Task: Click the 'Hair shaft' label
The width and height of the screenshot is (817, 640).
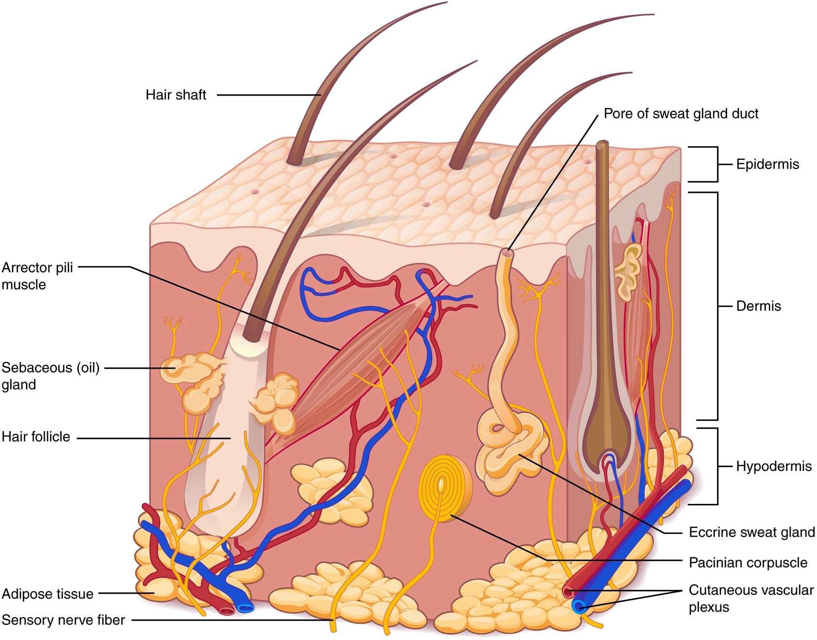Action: tap(176, 95)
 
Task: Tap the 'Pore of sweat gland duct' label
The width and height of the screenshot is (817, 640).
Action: tap(680, 114)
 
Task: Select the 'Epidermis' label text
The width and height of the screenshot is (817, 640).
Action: tap(767, 164)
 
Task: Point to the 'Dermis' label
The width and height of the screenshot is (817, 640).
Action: tap(758, 306)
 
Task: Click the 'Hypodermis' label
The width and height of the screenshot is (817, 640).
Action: tap(773, 467)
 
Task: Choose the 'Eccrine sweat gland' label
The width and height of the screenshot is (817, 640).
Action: tap(751, 532)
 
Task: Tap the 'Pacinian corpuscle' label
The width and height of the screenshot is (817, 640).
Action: tap(747, 563)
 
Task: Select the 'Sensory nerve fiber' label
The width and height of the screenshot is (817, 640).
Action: tap(63, 620)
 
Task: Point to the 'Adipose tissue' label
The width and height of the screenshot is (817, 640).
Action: tap(48, 594)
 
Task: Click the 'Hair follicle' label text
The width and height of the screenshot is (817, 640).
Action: tap(36, 436)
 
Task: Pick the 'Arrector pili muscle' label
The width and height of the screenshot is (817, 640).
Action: tap(37, 276)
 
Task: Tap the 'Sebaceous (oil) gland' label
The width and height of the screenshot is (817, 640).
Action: tap(50, 376)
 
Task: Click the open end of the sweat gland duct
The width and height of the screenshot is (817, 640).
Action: tap(508, 253)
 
